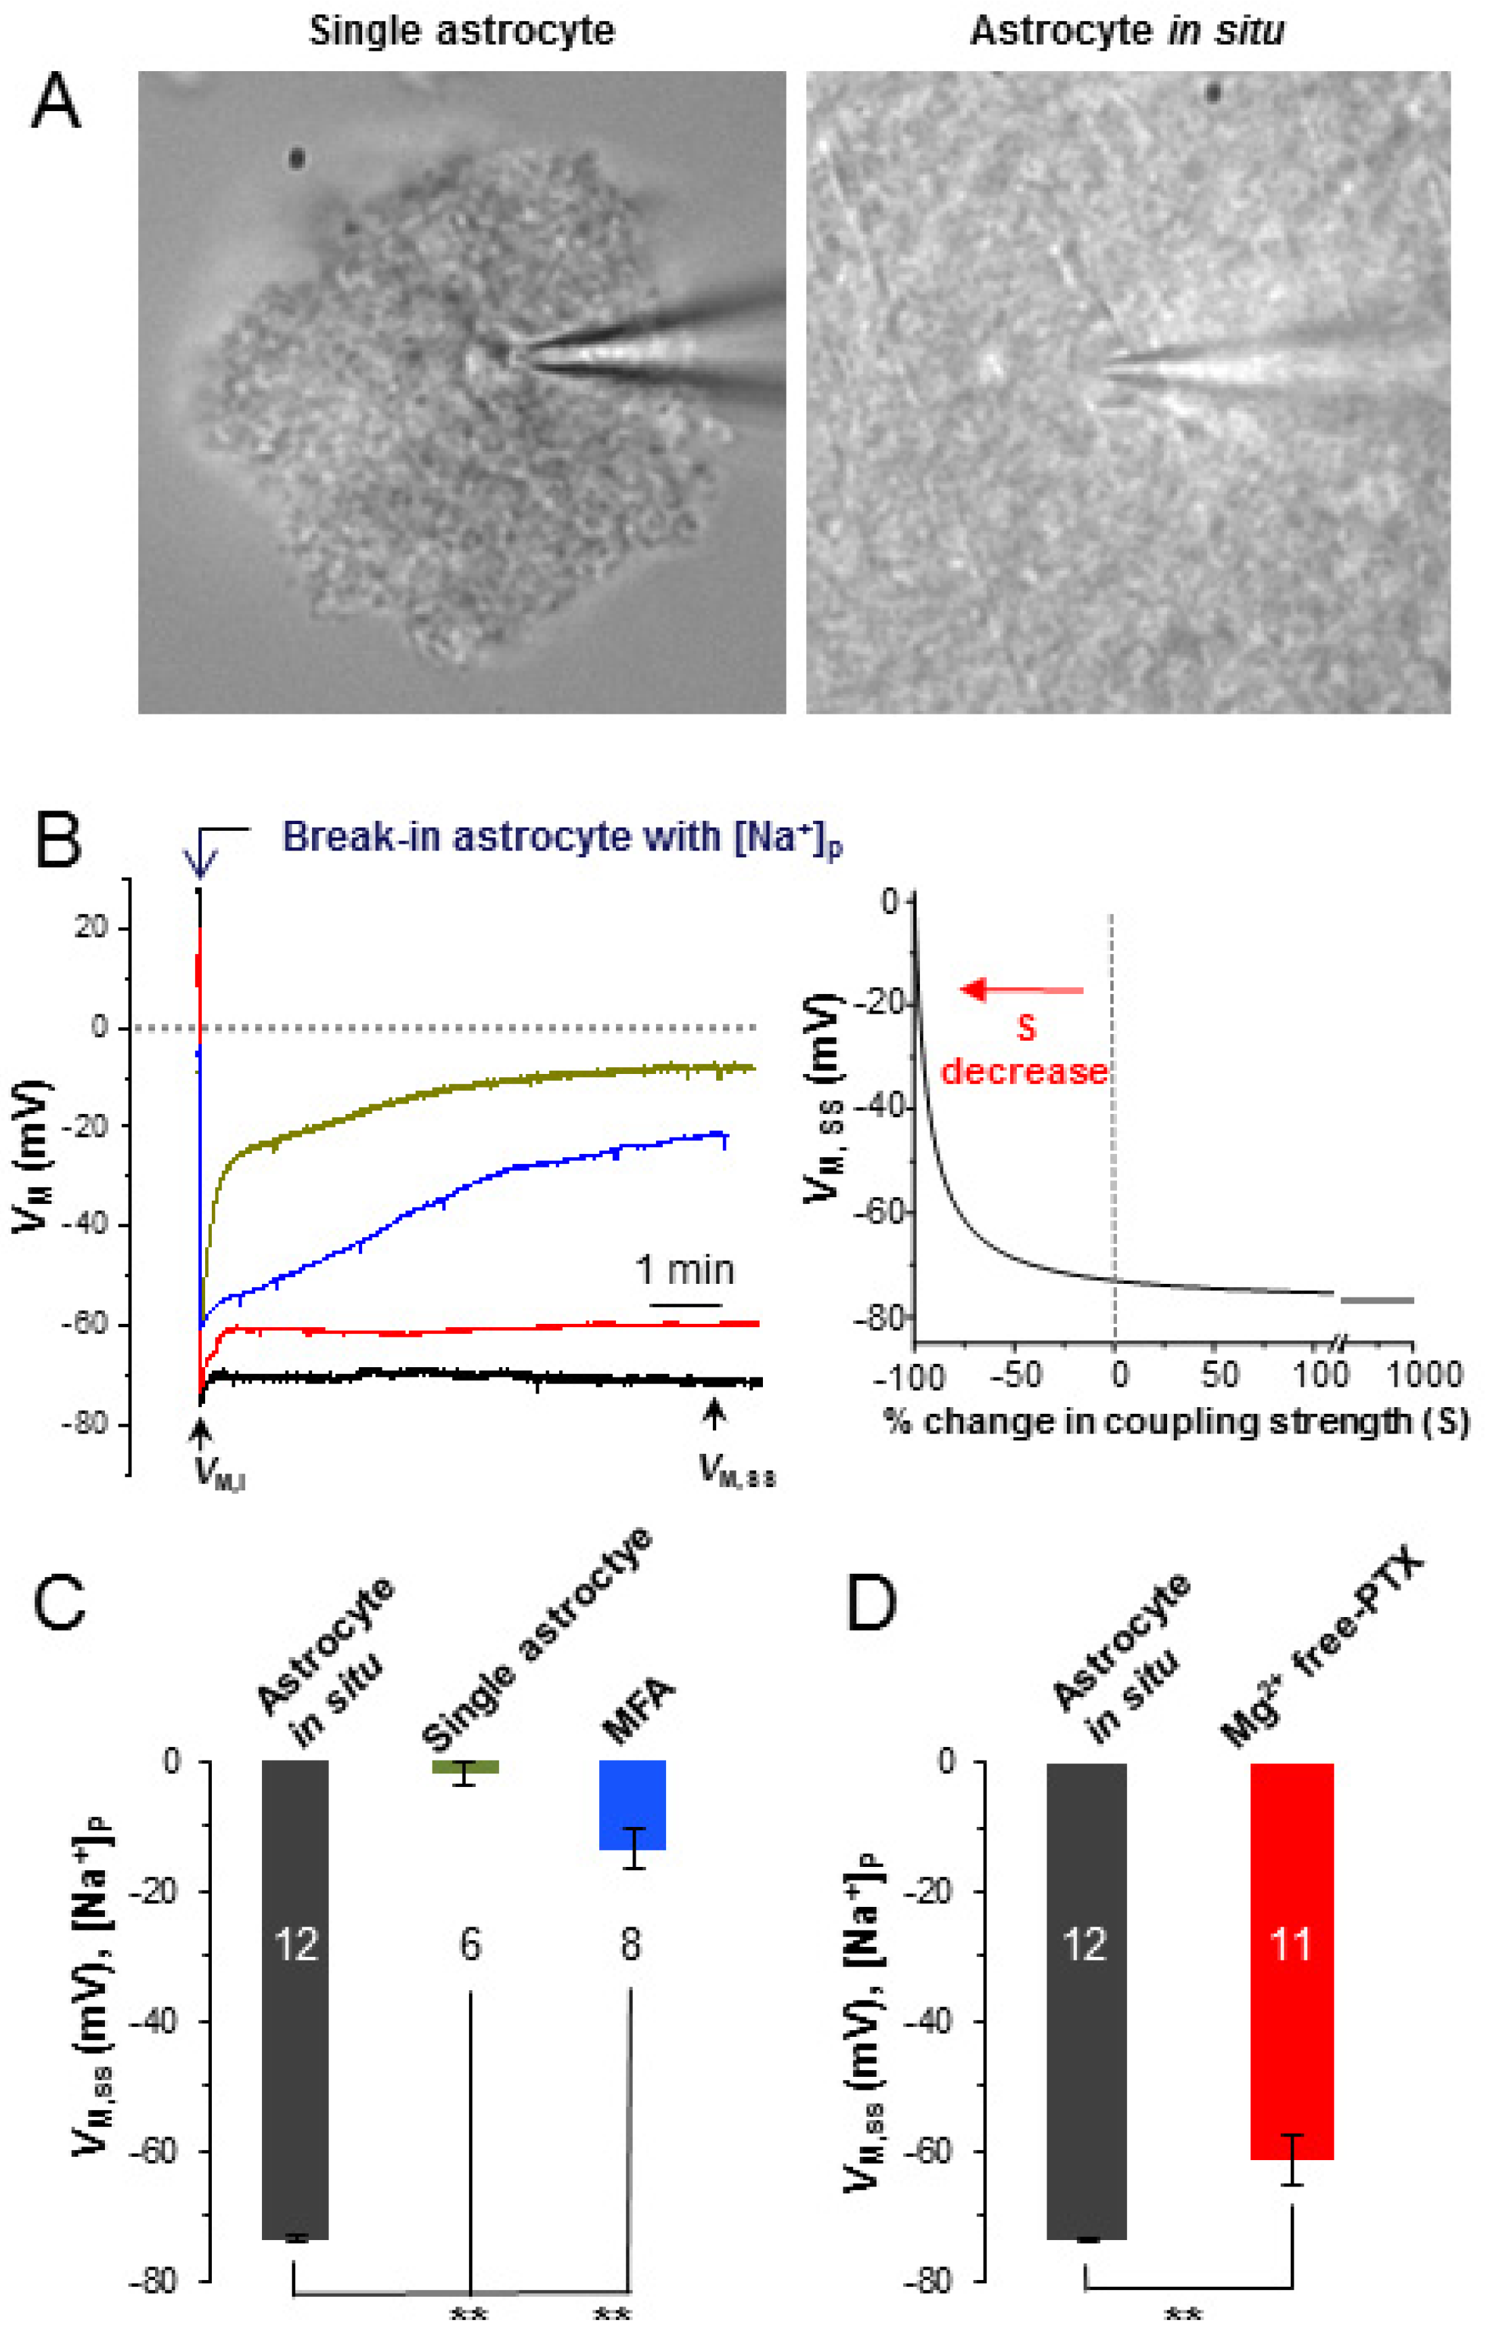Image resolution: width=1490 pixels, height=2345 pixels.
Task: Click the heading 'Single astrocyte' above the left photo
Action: tap(462, 31)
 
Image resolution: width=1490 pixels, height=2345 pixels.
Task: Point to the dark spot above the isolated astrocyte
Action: tap(296, 158)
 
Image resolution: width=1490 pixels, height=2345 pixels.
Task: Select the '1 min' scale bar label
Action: tap(684, 1270)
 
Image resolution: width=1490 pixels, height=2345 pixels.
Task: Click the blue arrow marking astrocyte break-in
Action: tap(200, 861)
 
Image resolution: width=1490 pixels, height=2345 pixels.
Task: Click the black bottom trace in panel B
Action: tap(487, 1376)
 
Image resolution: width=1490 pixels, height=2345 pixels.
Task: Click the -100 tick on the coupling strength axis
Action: tap(910, 1375)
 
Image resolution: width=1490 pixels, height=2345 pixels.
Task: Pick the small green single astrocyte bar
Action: tap(466, 1767)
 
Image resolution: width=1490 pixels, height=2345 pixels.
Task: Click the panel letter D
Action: tap(871, 1604)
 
